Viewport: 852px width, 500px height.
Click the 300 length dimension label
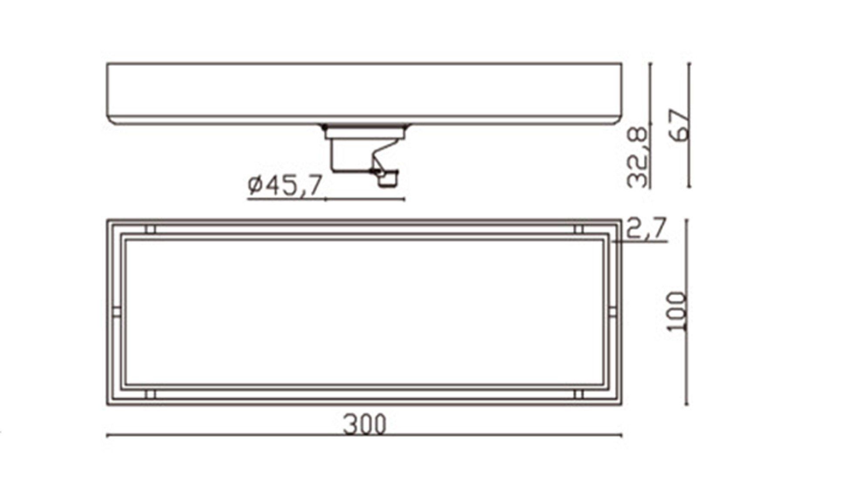coord(365,424)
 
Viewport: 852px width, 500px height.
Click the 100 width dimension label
coord(676,312)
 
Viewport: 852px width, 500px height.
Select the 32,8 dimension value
coord(639,155)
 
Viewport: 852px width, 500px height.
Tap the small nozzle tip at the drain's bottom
coord(388,180)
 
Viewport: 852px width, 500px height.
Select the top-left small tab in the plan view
coord(150,229)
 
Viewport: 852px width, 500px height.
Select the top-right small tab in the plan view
coord(579,229)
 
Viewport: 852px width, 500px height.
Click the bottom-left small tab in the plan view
coord(150,395)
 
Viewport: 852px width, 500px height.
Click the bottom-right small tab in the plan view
coord(579,395)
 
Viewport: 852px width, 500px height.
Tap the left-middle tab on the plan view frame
coord(116,312)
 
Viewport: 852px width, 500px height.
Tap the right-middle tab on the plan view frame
coord(613,312)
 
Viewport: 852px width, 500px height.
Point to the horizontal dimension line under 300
coord(261,435)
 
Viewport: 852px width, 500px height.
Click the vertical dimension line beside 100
coord(687,370)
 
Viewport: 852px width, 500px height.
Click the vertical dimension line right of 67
coord(689,166)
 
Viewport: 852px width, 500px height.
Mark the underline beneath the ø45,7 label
coord(305,199)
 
